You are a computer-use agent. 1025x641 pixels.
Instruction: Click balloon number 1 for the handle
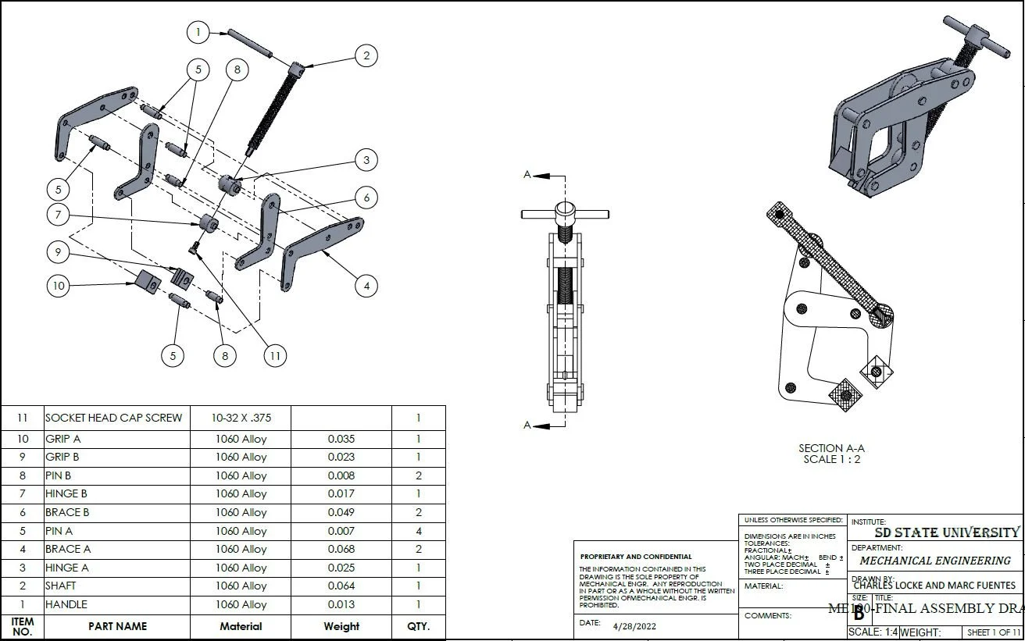[x=199, y=32]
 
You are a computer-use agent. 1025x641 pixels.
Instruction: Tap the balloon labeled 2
[x=366, y=55]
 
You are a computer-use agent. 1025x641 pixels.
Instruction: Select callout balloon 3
[x=366, y=161]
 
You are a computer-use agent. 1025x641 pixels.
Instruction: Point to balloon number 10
[x=59, y=286]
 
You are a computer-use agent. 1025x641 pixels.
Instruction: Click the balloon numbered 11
[x=274, y=356]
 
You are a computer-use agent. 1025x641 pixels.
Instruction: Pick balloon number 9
[x=59, y=252]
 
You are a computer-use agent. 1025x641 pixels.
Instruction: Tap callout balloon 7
[x=59, y=215]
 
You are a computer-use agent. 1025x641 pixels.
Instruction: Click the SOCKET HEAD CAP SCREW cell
[x=113, y=418]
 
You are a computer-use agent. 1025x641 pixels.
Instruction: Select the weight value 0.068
[x=341, y=549]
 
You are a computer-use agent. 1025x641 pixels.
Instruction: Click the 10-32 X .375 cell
[x=241, y=418]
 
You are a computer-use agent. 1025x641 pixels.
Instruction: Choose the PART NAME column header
[x=117, y=626]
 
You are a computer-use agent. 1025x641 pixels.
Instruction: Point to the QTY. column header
[x=419, y=626]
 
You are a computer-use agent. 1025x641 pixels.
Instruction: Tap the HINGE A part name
[x=67, y=568]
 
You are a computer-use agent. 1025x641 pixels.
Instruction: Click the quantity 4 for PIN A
[x=419, y=531]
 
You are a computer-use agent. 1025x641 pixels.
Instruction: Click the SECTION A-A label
[x=831, y=448]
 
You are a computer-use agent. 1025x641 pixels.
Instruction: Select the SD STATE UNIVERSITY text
[x=946, y=533]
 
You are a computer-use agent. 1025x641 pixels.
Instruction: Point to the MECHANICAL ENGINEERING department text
[x=935, y=561]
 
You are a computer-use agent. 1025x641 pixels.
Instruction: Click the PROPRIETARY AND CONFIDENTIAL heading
[x=636, y=557]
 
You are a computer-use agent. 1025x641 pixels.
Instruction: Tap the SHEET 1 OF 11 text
[x=994, y=632]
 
